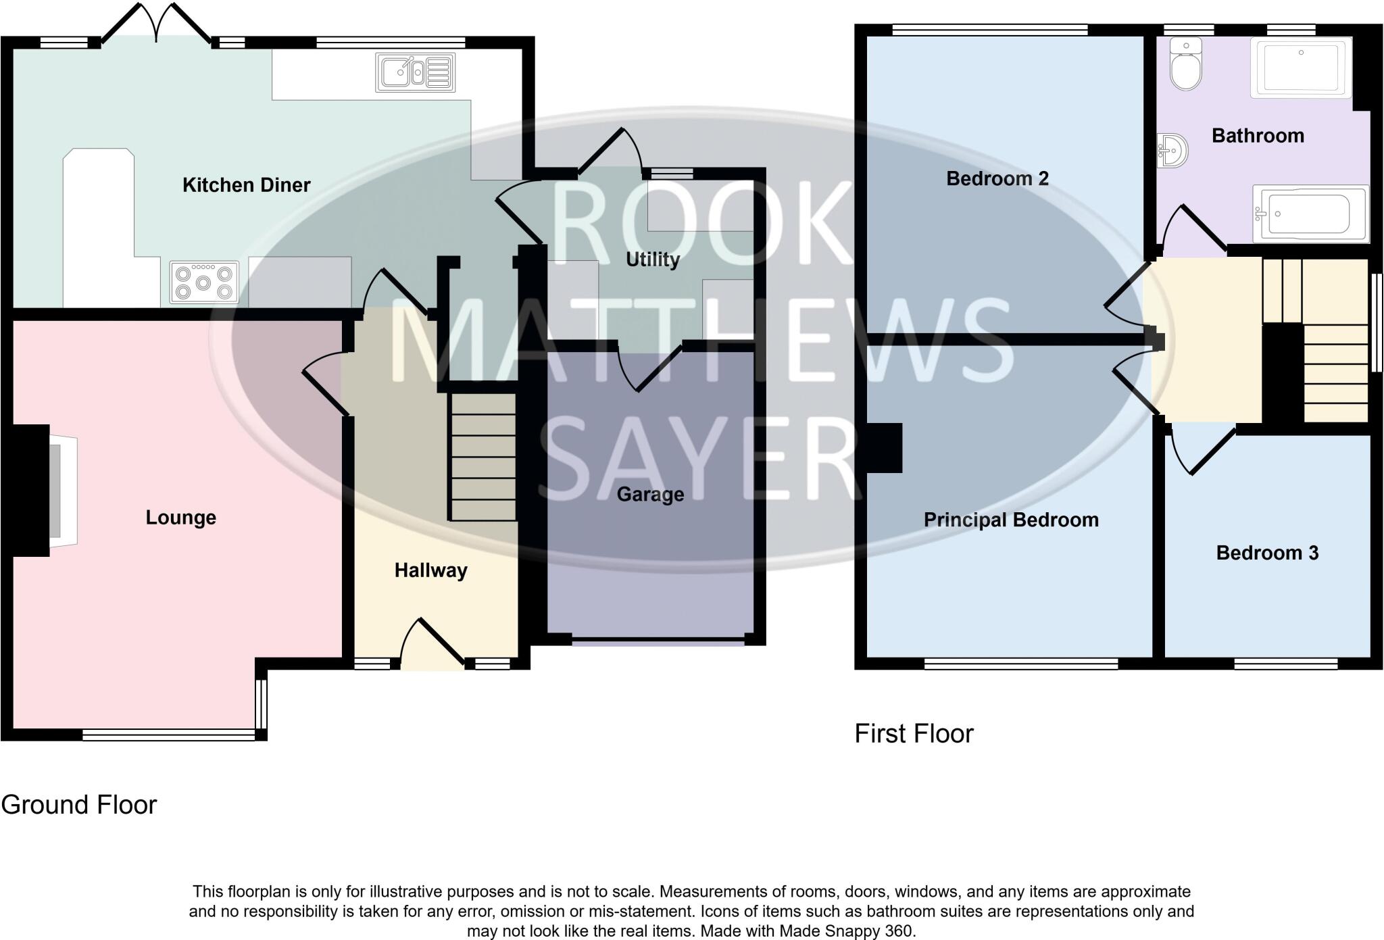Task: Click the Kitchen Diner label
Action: [x=246, y=185]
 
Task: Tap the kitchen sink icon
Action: [x=415, y=72]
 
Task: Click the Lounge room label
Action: [x=180, y=518]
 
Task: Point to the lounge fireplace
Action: [x=54, y=491]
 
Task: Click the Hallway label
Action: [x=430, y=570]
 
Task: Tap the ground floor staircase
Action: [x=483, y=457]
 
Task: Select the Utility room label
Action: [x=652, y=259]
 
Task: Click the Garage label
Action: [x=650, y=495]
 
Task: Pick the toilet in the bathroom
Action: [x=1186, y=65]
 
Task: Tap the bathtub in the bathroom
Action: [x=1310, y=214]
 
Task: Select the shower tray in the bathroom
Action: [x=1300, y=68]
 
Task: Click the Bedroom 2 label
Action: [x=997, y=178]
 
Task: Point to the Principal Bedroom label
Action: [x=1010, y=520]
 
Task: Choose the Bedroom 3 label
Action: [x=1267, y=553]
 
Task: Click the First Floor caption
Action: [x=914, y=734]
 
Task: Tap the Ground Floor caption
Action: [x=79, y=805]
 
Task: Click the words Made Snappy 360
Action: [x=847, y=931]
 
